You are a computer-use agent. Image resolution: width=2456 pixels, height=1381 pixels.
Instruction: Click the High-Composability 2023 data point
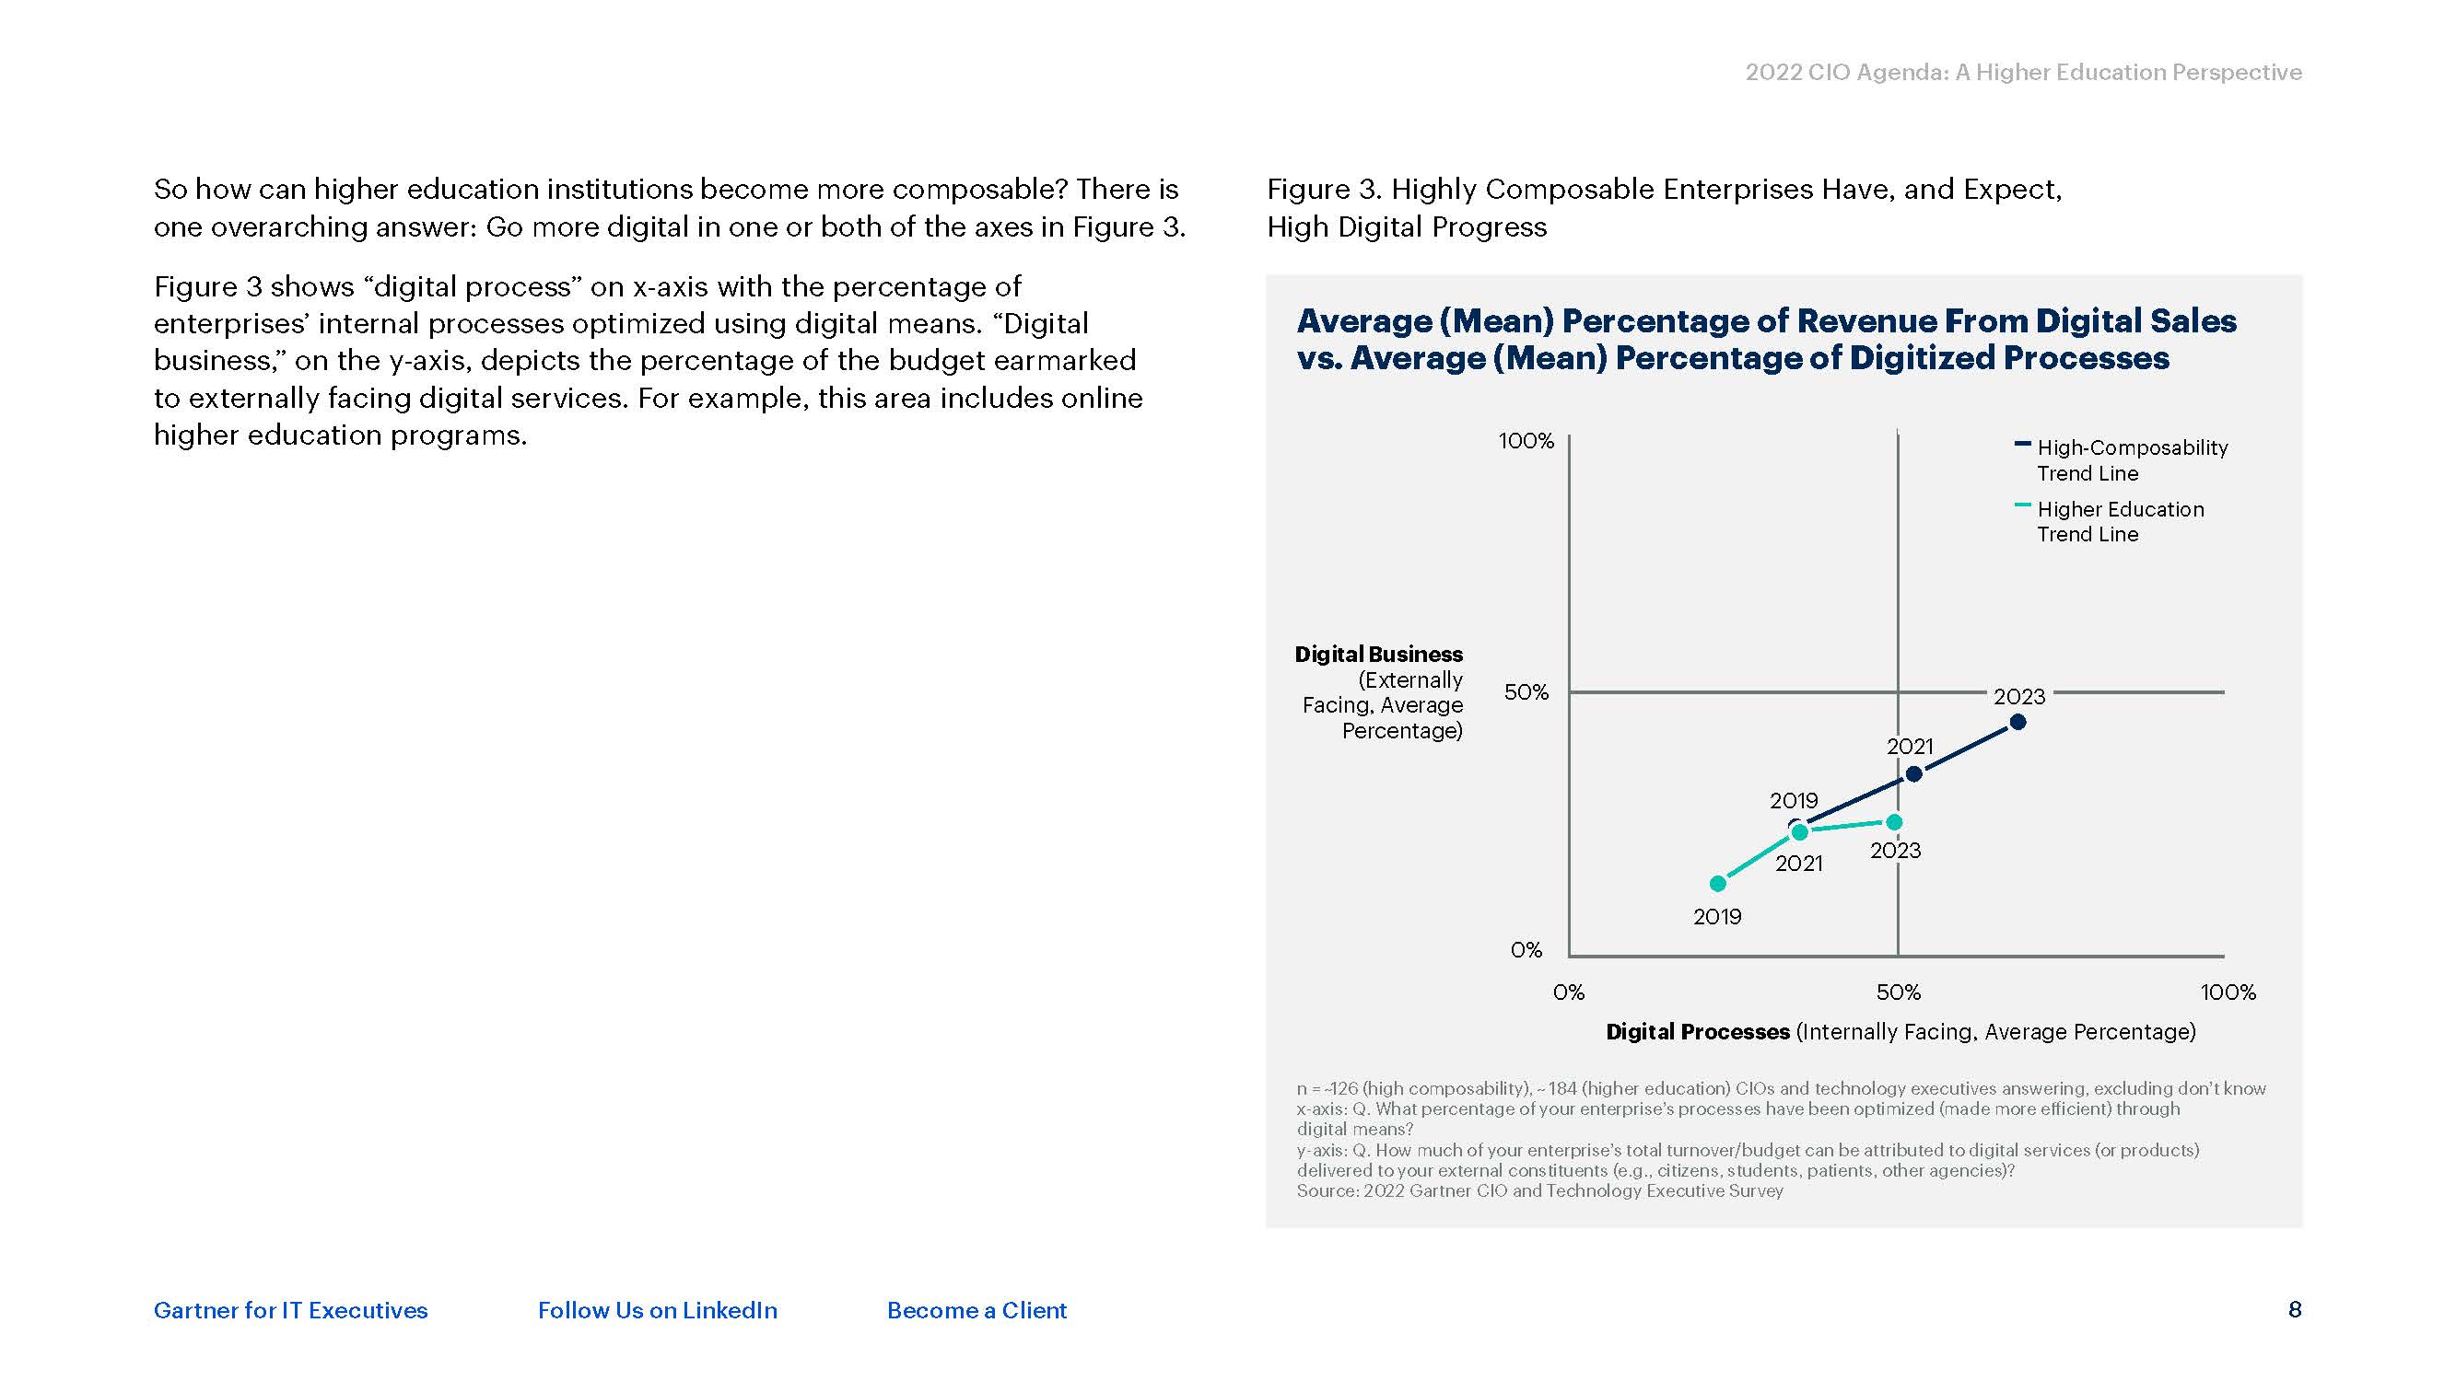(x=2017, y=723)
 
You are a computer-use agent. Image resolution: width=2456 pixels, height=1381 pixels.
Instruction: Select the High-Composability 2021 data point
(x=1912, y=774)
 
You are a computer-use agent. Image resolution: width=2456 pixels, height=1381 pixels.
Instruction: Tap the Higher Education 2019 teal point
(x=1718, y=884)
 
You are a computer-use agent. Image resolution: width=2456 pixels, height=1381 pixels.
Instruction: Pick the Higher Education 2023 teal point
(x=1894, y=821)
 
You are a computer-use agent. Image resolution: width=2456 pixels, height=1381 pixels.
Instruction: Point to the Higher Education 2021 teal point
(x=1800, y=832)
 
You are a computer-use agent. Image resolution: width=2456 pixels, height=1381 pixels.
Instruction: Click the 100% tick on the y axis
(x=1526, y=441)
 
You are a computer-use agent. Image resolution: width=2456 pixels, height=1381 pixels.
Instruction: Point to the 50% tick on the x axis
(x=1899, y=992)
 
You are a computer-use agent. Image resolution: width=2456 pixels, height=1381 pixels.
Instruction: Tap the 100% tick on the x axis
(x=2228, y=992)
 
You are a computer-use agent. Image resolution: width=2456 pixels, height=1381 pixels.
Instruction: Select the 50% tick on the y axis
(x=1526, y=692)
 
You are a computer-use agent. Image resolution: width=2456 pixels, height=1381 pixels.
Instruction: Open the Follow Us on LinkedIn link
(x=657, y=1310)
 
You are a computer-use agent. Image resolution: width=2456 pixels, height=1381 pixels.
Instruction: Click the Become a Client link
(x=977, y=1310)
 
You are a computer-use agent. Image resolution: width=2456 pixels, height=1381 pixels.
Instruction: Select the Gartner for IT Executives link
(x=291, y=1310)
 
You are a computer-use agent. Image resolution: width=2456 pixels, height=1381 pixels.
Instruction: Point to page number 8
(x=2295, y=1309)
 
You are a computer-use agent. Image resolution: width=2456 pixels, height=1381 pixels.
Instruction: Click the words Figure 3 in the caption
(x=1323, y=190)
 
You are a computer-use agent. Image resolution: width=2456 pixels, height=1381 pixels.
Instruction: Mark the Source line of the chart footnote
(x=1538, y=1190)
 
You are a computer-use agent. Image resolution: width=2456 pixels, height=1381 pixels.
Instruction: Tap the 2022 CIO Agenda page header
(x=2023, y=73)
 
